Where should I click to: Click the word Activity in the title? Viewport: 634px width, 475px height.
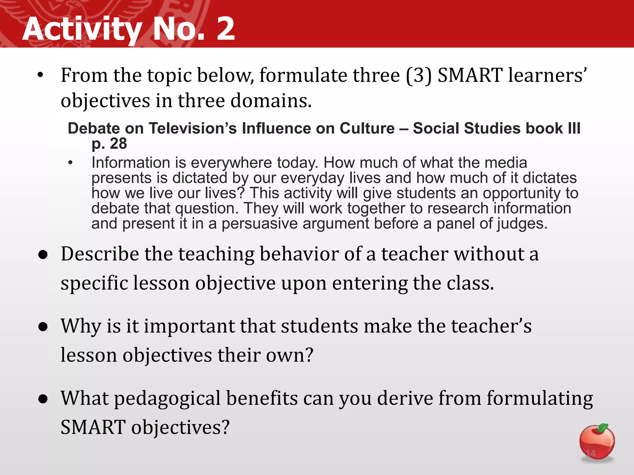[x=82, y=29]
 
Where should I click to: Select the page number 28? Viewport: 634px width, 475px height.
[x=118, y=143]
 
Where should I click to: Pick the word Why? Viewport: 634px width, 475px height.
[x=80, y=326]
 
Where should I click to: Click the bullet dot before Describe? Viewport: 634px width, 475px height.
[x=43, y=255]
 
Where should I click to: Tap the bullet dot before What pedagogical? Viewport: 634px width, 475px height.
[x=43, y=399]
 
